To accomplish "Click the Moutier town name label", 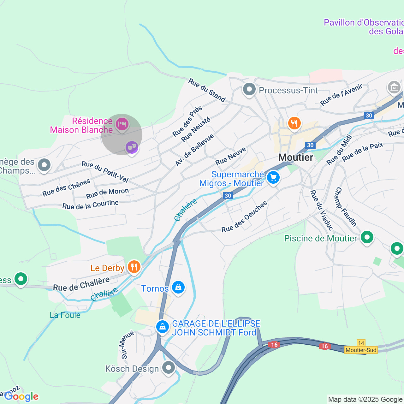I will click(x=296, y=157).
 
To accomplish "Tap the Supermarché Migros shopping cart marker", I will click(x=273, y=178).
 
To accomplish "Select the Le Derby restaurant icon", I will click(x=134, y=267).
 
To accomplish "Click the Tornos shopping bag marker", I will click(x=178, y=288).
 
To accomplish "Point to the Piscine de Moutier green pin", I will click(x=367, y=237).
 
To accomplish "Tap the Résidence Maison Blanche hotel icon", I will click(x=122, y=124).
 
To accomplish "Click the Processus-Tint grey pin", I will click(x=249, y=90).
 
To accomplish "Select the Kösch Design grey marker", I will click(x=169, y=368).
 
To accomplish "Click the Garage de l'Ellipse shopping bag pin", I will click(x=163, y=327).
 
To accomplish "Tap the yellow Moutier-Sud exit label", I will click(x=361, y=350).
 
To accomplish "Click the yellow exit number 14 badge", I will click(x=361, y=343).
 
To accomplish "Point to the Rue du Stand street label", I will click(x=207, y=91).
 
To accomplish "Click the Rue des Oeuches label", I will click(x=244, y=217).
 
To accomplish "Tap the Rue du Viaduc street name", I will click(x=321, y=210).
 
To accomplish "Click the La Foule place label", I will click(x=65, y=315).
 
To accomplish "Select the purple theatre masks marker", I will click(x=132, y=147).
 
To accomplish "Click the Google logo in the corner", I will click(x=21, y=396).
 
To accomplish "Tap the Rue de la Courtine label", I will click(x=90, y=205).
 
